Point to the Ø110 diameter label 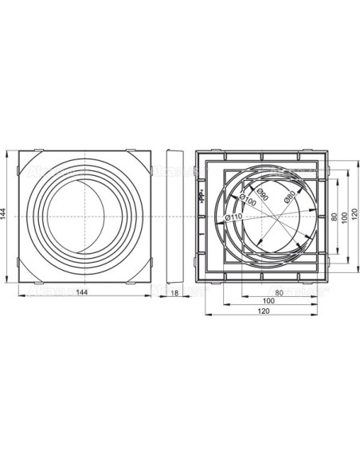tap(233, 213)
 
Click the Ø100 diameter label tap(247, 201)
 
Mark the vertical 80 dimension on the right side tap(334, 216)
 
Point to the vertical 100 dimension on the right tap(344, 216)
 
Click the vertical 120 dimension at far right tap(355, 216)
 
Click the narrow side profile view tap(173, 216)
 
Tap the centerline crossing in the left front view tap(83, 216)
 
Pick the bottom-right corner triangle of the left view tap(143, 264)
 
